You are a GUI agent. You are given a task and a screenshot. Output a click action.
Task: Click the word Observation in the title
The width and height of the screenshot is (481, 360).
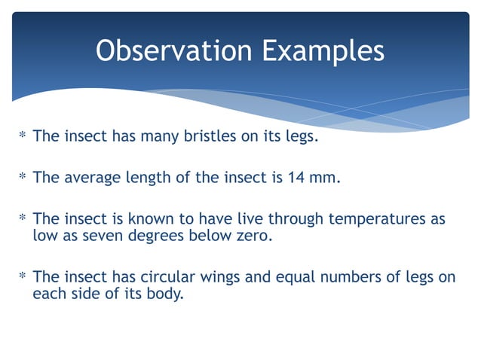173,50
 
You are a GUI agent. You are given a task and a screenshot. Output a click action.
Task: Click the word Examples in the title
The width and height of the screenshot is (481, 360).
323,50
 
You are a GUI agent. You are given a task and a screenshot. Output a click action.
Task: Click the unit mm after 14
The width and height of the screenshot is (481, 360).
326,178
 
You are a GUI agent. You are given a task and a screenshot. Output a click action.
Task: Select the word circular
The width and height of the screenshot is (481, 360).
170,277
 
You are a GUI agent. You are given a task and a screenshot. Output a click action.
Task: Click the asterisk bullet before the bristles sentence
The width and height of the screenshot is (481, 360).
22,136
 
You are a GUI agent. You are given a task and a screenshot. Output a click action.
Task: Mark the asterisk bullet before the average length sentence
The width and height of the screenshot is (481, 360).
22,178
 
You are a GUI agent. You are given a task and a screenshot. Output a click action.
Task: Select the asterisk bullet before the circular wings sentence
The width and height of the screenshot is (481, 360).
22,277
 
